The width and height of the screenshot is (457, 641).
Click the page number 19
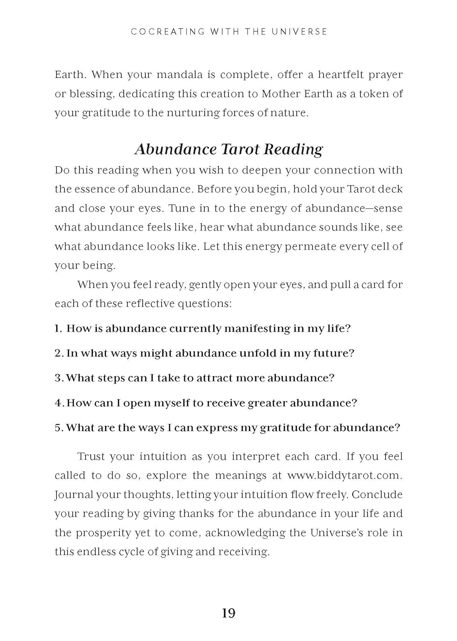tap(229, 613)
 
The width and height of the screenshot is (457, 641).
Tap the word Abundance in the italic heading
tap(176, 149)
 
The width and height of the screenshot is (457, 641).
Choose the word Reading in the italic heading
tap(293, 149)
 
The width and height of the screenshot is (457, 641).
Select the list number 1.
tap(58, 329)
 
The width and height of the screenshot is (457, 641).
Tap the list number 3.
tap(59, 378)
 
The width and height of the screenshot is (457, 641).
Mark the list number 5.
tap(59, 428)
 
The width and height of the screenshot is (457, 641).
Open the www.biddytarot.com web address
tap(345, 476)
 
